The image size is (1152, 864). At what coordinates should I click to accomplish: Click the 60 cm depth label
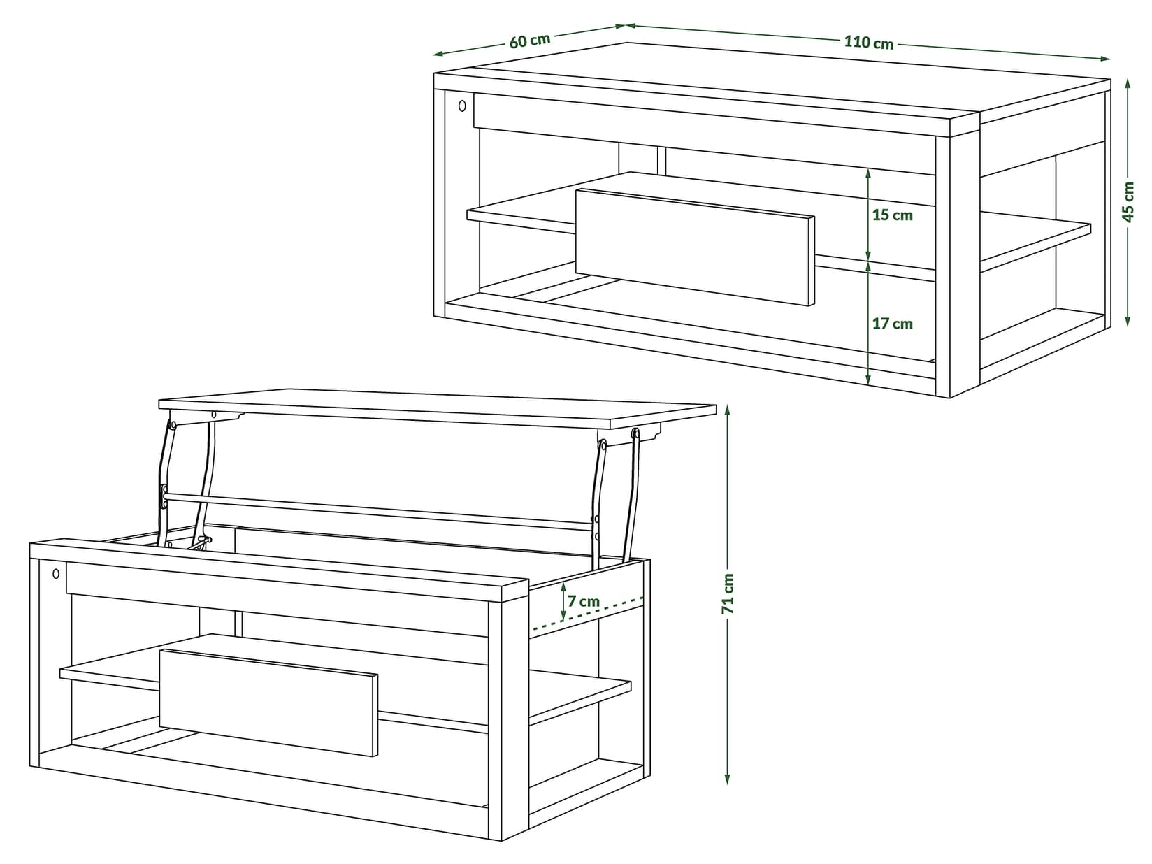point(529,40)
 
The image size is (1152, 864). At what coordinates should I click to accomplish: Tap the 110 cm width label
point(868,43)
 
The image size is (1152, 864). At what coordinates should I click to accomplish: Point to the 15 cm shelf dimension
point(892,215)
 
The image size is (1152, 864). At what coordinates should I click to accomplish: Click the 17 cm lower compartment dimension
point(892,324)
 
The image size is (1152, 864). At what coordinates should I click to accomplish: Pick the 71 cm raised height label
point(728,593)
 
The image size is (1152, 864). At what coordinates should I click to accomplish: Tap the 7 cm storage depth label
point(583,601)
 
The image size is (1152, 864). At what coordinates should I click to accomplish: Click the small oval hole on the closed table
point(462,106)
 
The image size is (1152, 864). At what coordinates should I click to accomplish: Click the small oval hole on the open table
point(56,574)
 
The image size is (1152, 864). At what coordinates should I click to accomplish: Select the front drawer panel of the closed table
point(695,247)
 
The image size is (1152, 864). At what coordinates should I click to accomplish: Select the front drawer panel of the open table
point(268,702)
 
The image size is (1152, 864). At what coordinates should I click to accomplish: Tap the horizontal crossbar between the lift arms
point(377,510)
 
